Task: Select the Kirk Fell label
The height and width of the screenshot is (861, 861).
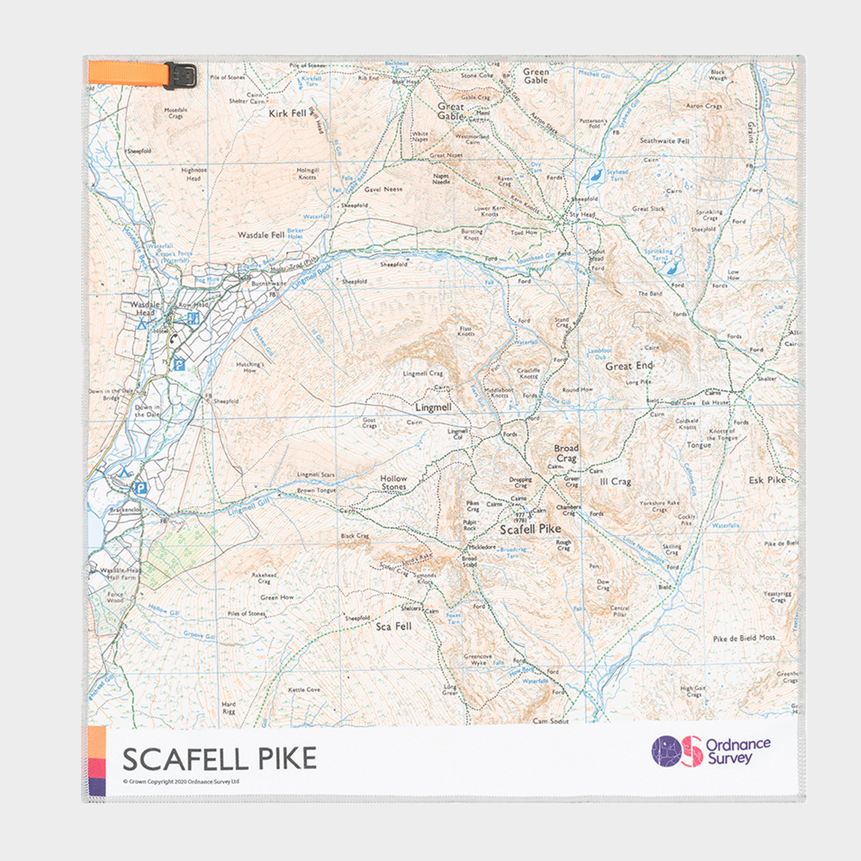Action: point(287,114)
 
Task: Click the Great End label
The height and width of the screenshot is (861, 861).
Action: point(628,366)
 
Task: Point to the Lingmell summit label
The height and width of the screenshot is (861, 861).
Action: point(433,407)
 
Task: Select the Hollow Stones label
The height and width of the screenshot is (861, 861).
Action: point(393,482)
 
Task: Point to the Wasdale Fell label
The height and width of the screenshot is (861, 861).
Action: point(261,235)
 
